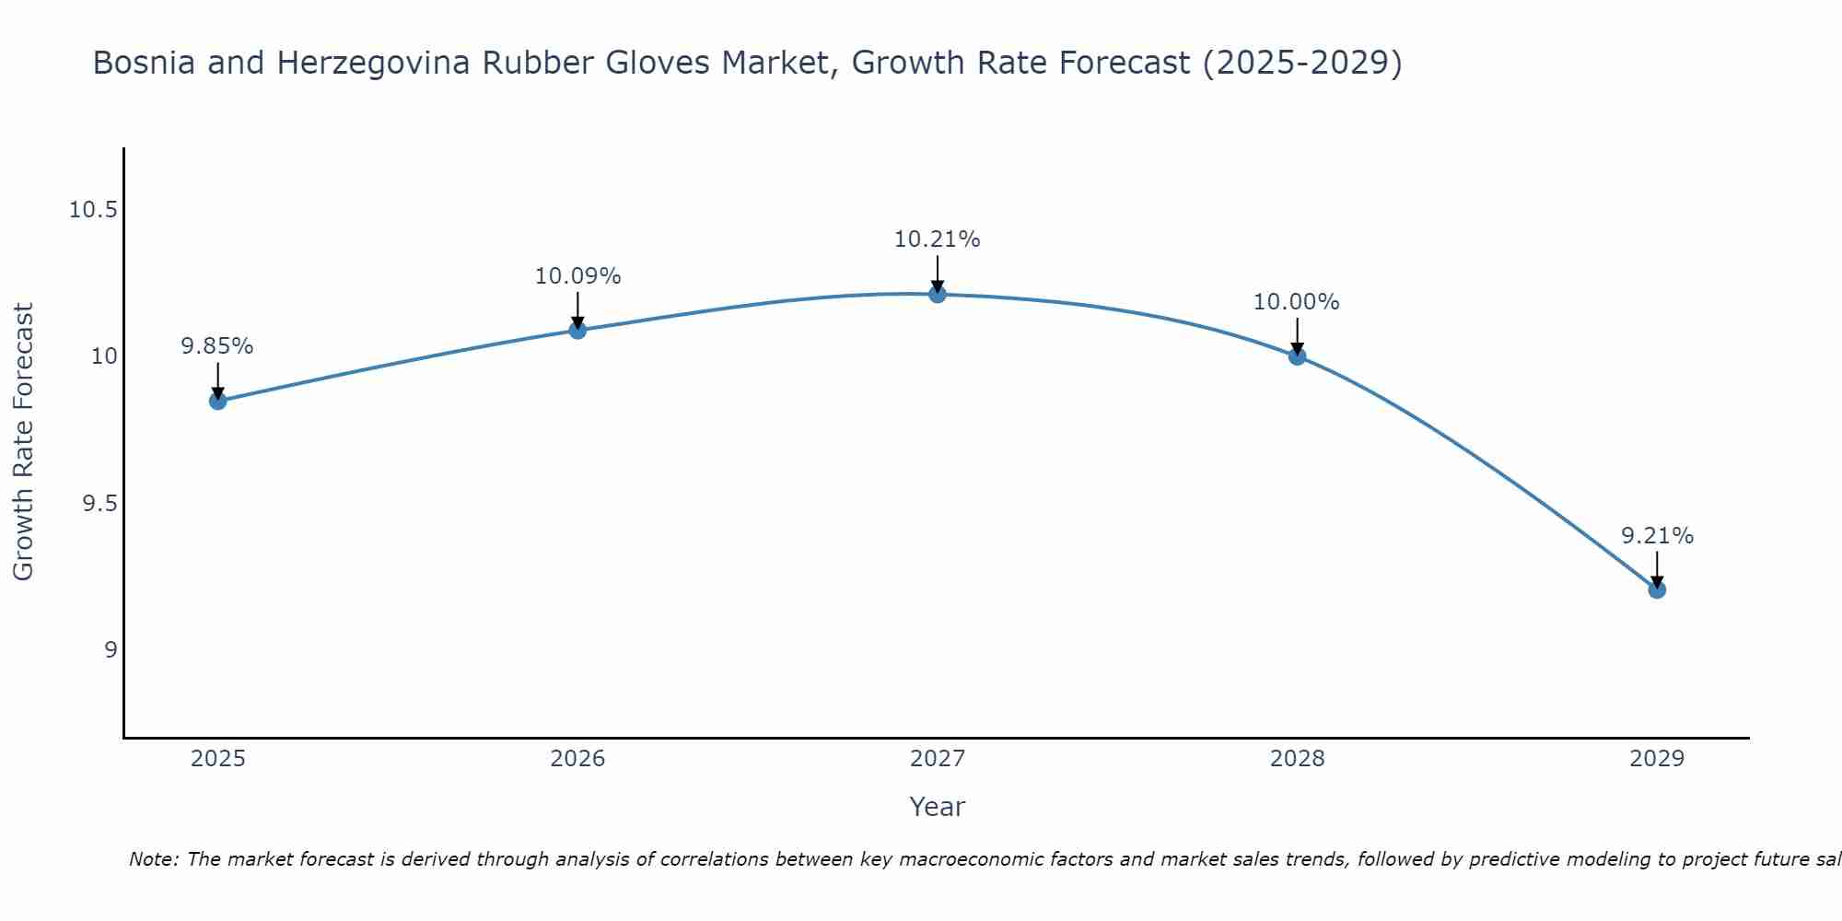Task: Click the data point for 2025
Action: (218, 401)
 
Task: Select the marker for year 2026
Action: (577, 330)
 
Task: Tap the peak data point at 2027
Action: (938, 294)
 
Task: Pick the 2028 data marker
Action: (1297, 356)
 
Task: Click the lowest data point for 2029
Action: (1657, 589)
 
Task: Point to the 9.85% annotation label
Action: (217, 346)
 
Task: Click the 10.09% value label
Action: (577, 276)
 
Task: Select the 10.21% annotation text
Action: (937, 239)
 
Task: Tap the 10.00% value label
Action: (1296, 302)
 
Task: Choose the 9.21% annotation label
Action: (1657, 536)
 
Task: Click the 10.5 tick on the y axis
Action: (93, 210)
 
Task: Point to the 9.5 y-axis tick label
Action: (99, 504)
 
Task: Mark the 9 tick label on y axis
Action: (111, 650)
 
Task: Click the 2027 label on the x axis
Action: (938, 759)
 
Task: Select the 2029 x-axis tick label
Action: (1657, 759)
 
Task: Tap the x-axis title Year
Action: (937, 807)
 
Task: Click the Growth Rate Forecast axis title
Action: (24, 442)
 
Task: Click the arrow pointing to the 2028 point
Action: (1297, 337)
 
